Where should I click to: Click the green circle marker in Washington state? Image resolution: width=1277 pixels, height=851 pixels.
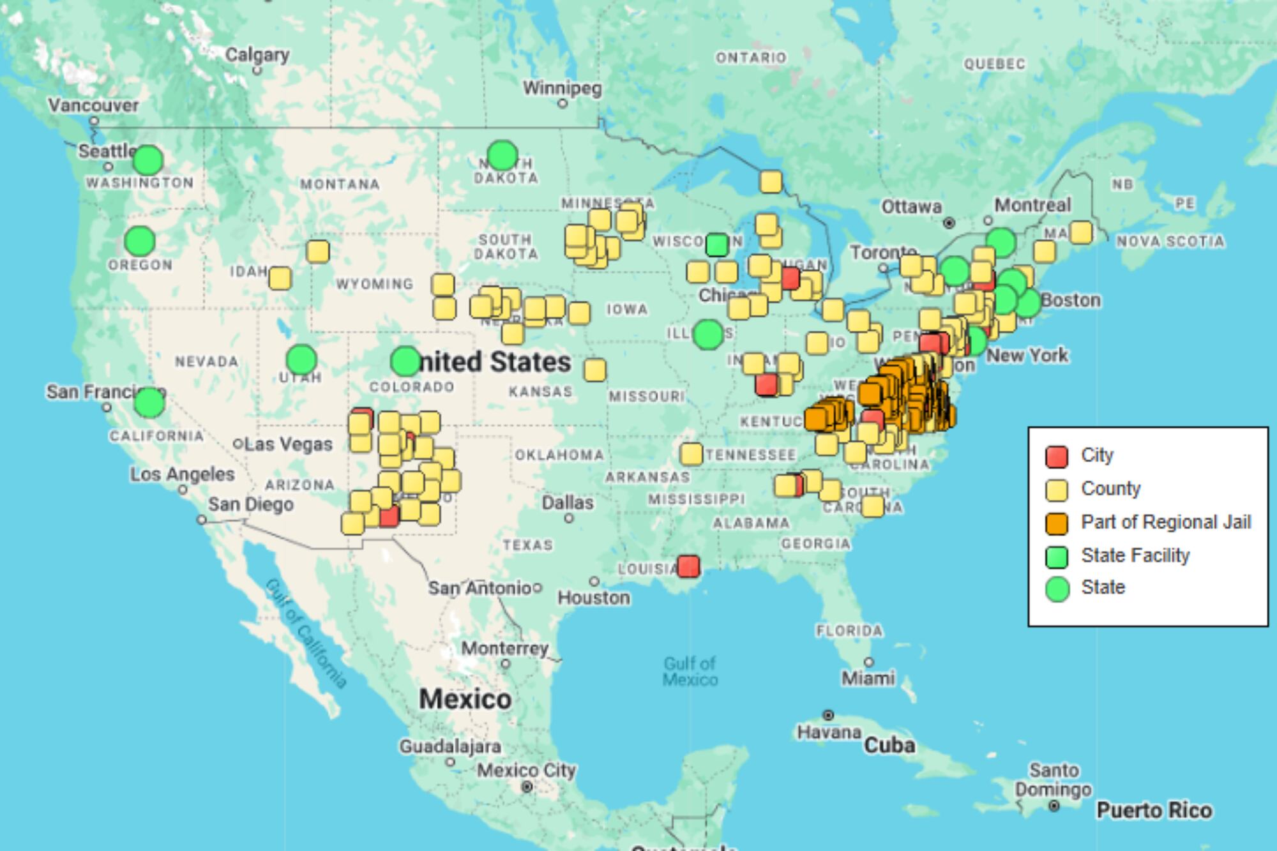[148, 160]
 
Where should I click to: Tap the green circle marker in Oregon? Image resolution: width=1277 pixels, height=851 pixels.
[140, 241]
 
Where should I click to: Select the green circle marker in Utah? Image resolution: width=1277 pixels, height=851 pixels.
[301, 359]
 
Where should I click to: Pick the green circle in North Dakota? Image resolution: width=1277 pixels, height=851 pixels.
[502, 155]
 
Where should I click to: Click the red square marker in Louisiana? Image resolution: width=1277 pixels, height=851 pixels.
[688, 566]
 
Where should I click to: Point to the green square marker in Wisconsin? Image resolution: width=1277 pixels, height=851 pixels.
[717, 245]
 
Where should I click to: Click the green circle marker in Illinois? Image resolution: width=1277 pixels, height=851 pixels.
[707, 334]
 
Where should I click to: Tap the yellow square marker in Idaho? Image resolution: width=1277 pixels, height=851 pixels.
[280, 278]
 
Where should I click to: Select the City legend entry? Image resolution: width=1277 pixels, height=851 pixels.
[1096, 455]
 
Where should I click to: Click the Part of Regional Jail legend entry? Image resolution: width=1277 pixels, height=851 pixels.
[1165, 522]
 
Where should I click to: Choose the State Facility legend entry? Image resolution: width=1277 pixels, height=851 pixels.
[1135, 555]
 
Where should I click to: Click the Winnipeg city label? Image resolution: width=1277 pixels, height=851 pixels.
[563, 88]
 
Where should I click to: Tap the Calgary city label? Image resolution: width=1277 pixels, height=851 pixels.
[257, 55]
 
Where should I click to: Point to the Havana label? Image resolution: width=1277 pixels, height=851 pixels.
[829, 732]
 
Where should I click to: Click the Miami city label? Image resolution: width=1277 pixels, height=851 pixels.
[868, 678]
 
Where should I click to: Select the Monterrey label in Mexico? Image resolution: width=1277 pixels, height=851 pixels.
[505, 649]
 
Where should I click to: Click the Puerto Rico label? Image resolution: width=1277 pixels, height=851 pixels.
[1154, 810]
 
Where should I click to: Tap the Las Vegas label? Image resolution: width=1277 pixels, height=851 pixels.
[289, 444]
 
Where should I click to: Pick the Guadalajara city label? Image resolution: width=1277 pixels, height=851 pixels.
[450, 746]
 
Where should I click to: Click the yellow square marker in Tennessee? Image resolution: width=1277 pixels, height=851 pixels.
[691, 454]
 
